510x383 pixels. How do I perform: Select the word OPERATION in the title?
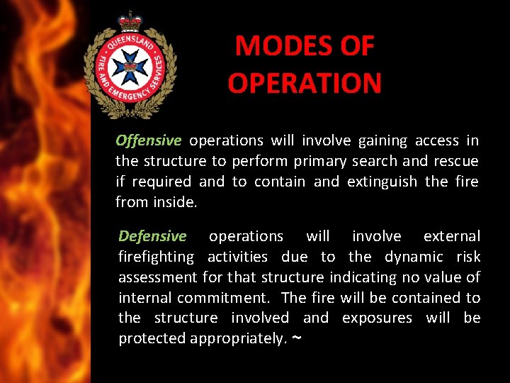tap(305, 83)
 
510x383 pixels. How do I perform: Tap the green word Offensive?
tap(149, 140)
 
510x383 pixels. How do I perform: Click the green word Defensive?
tap(152, 236)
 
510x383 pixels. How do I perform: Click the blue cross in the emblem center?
tap(130, 67)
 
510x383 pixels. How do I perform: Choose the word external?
tap(451, 236)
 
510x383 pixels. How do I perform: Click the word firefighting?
tap(156, 257)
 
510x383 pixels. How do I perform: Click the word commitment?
tap(223, 298)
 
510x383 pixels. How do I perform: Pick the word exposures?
tap(377, 318)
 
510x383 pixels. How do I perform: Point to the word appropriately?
tap(237, 339)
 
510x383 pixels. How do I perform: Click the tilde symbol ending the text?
tap(296, 338)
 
